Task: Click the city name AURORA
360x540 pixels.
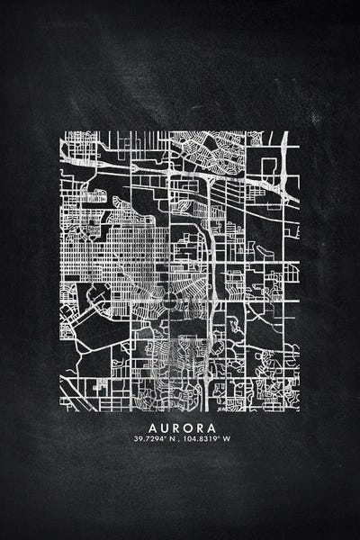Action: (180, 425)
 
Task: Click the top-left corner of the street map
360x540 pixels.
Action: (61, 131)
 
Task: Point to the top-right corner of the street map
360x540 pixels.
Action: (299, 131)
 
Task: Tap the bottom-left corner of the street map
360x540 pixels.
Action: (61, 410)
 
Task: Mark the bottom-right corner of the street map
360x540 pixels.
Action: (299, 410)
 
